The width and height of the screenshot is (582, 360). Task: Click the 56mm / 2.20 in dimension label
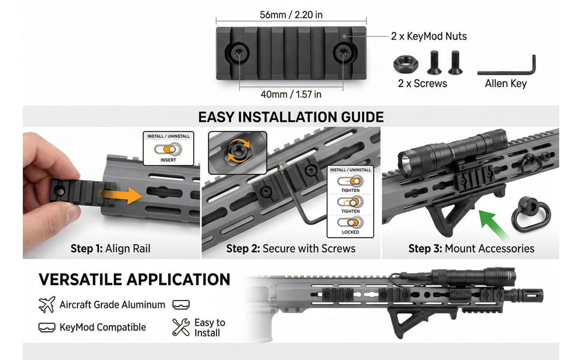(x=291, y=15)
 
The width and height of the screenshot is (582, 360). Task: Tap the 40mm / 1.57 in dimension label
(x=291, y=94)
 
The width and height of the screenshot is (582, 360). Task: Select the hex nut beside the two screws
(x=406, y=64)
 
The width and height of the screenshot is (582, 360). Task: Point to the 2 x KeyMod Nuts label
(x=429, y=37)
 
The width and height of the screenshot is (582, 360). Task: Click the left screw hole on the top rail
(x=236, y=53)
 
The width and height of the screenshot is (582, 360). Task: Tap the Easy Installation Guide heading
(x=291, y=117)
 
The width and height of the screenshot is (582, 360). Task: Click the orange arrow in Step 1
(x=122, y=196)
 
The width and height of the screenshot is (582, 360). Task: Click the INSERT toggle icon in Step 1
(x=168, y=149)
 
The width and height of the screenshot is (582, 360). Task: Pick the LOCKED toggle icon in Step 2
(x=350, y=223)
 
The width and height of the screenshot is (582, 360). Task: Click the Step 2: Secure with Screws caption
(x=290, y=248)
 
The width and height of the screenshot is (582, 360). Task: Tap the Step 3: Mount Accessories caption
(x=472, y=248)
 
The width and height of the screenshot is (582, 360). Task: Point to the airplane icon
(x=47, y=305)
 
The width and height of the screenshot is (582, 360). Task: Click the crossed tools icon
(x=181, y=327)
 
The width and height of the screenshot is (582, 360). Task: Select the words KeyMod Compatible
(x=103, y=328)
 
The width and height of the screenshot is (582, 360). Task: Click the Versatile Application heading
(x=134, y=280)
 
